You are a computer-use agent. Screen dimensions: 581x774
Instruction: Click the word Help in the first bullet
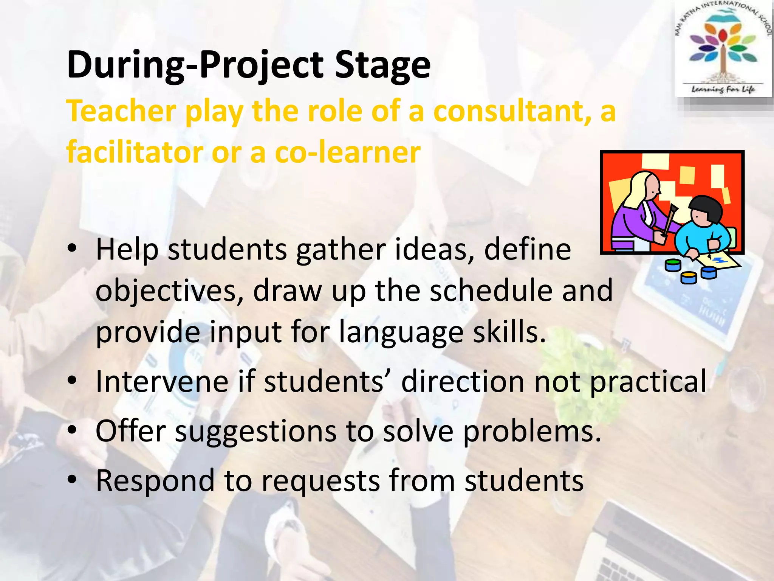(127, 250)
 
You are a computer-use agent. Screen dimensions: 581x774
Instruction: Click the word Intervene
(162, 381)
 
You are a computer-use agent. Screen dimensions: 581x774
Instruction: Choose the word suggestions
(255, 432)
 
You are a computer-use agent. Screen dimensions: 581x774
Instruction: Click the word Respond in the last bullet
(155, 481)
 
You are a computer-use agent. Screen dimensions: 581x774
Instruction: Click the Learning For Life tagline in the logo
(723, 89)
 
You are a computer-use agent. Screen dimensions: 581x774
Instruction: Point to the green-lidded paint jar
(672, 264)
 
